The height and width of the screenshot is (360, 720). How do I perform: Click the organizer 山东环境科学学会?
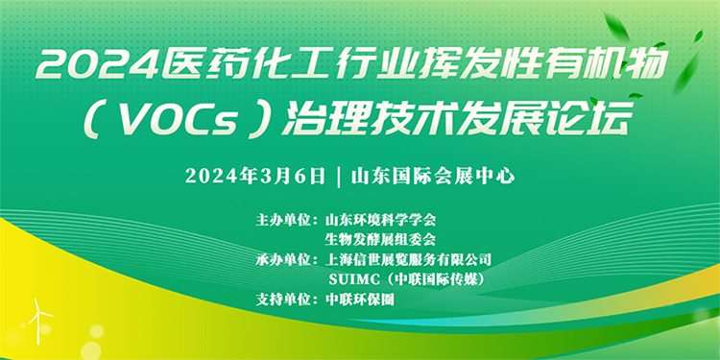(x=382, y=219)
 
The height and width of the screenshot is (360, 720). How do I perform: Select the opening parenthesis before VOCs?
(x=99, y=120)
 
